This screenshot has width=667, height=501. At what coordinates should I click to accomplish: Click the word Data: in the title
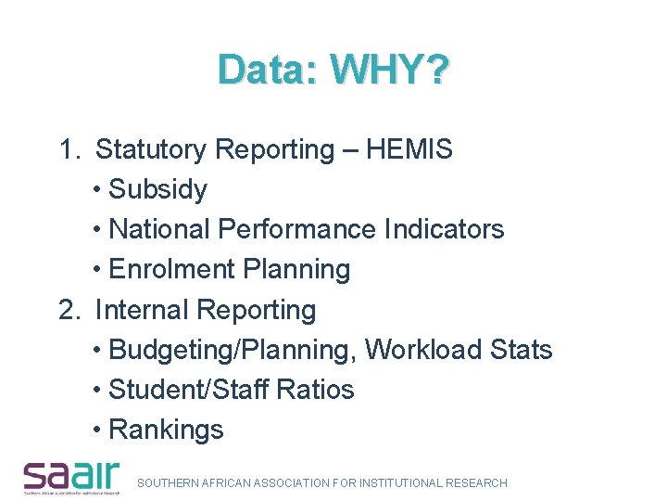[x=268, y=70]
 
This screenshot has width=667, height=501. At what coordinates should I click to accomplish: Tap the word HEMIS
[x=409, y=149]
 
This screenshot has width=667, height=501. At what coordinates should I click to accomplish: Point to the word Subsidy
[x=157, y=190]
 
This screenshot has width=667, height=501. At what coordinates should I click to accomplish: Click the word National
[x=159, y=229]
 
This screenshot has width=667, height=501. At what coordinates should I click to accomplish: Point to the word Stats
[x=521, y=350]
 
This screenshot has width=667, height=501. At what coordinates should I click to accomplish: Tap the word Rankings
[x=166, y=430]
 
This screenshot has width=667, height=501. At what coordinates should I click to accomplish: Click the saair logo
[x=72, y=476]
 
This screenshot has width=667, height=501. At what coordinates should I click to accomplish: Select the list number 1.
[x=67, y=149]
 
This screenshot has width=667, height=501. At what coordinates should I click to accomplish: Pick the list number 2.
[x=67, y=310]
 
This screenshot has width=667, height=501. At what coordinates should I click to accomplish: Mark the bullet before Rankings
[x=98, y=430]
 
